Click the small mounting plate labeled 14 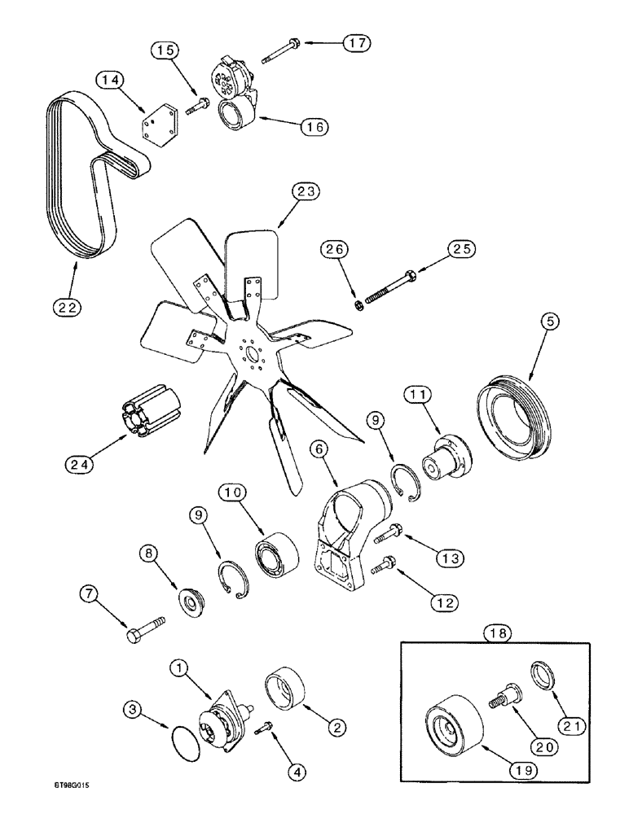[x=156, y=128]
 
